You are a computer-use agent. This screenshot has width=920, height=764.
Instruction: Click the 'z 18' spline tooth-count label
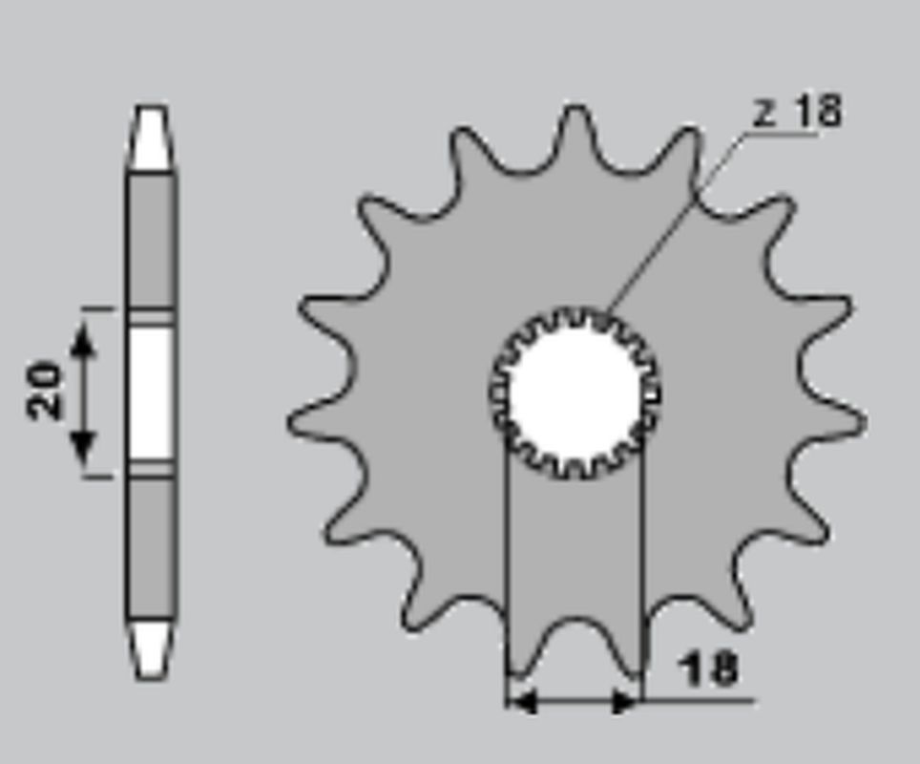[798, 112]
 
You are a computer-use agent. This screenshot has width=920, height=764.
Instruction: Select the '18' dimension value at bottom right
[710, 668]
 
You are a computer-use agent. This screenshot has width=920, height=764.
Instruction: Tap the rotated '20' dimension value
[46, 390]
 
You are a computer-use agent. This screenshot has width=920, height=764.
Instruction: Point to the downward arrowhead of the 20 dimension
[84, 444]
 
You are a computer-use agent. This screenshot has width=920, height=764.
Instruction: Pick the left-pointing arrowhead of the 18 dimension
[522, 703]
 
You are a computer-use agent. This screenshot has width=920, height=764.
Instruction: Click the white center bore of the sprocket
[574, 392]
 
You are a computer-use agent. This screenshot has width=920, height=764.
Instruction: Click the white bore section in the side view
[151, 392]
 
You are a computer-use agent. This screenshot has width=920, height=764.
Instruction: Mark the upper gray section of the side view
[151, 239]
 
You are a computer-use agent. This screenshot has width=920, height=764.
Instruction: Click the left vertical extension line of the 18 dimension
[506, 573]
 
